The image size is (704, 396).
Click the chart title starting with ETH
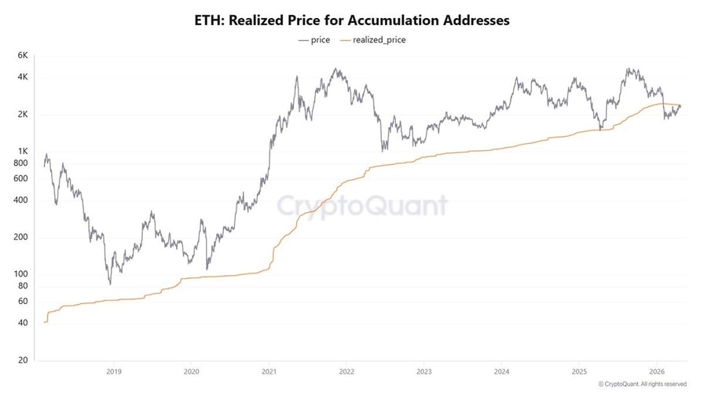pos(352,20)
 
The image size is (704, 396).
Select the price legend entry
pos(314,39)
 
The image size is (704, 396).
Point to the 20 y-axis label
pos(23,360)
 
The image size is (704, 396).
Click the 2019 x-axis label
pos(113,372)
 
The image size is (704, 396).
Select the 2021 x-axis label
pos(269,372)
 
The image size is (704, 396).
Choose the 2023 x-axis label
pos(424,372)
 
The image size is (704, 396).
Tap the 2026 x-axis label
pos(657,372)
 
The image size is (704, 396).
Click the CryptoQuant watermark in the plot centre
pos(361,206)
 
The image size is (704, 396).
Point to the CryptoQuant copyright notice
pos(647,384)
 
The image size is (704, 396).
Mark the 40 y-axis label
pos(23,323)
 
